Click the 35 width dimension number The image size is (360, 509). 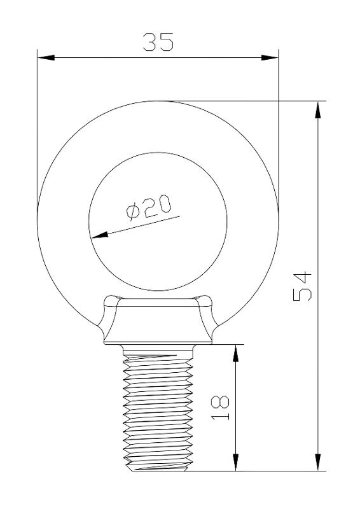[158, 42]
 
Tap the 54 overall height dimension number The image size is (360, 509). [302, 287]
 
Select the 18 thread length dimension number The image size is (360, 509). [220, 408]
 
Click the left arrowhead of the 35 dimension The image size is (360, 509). [46, 58]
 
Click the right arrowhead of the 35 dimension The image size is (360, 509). [270, 58]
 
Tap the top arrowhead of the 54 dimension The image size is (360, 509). [318, 109]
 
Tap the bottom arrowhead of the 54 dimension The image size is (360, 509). [318, 462]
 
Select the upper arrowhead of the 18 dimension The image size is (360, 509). [236, 353]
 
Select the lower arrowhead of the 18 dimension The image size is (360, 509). [236, 462]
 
